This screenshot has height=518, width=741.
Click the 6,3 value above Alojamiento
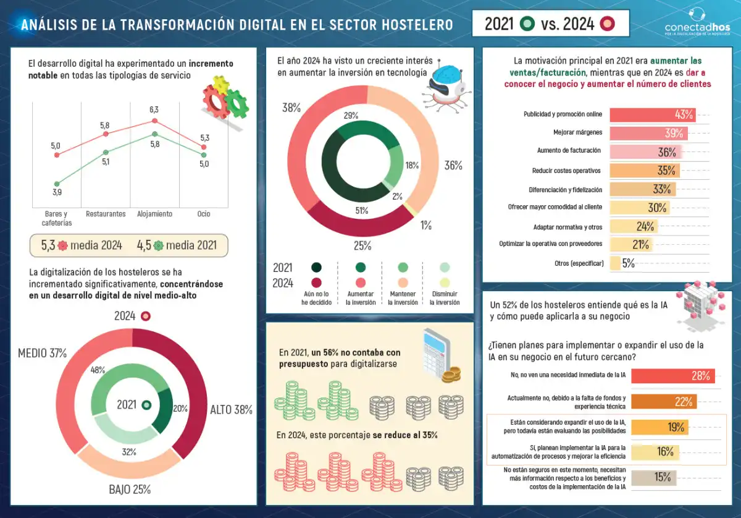click(154, 109)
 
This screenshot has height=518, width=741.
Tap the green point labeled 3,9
click(57, 184)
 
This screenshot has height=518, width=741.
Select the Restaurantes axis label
click(106, 214)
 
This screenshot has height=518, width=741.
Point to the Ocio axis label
click(204, 214)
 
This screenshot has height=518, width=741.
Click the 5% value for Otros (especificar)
click(628, 263)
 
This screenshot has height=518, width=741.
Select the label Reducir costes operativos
click(567, 171)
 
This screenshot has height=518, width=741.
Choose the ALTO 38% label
click(231, 410)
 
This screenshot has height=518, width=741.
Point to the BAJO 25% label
click(130, 490)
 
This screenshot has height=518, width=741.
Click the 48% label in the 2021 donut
click(98, 370)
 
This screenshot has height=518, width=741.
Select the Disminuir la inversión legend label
click(445, 298)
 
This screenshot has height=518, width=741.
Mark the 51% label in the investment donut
click(362, 210)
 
